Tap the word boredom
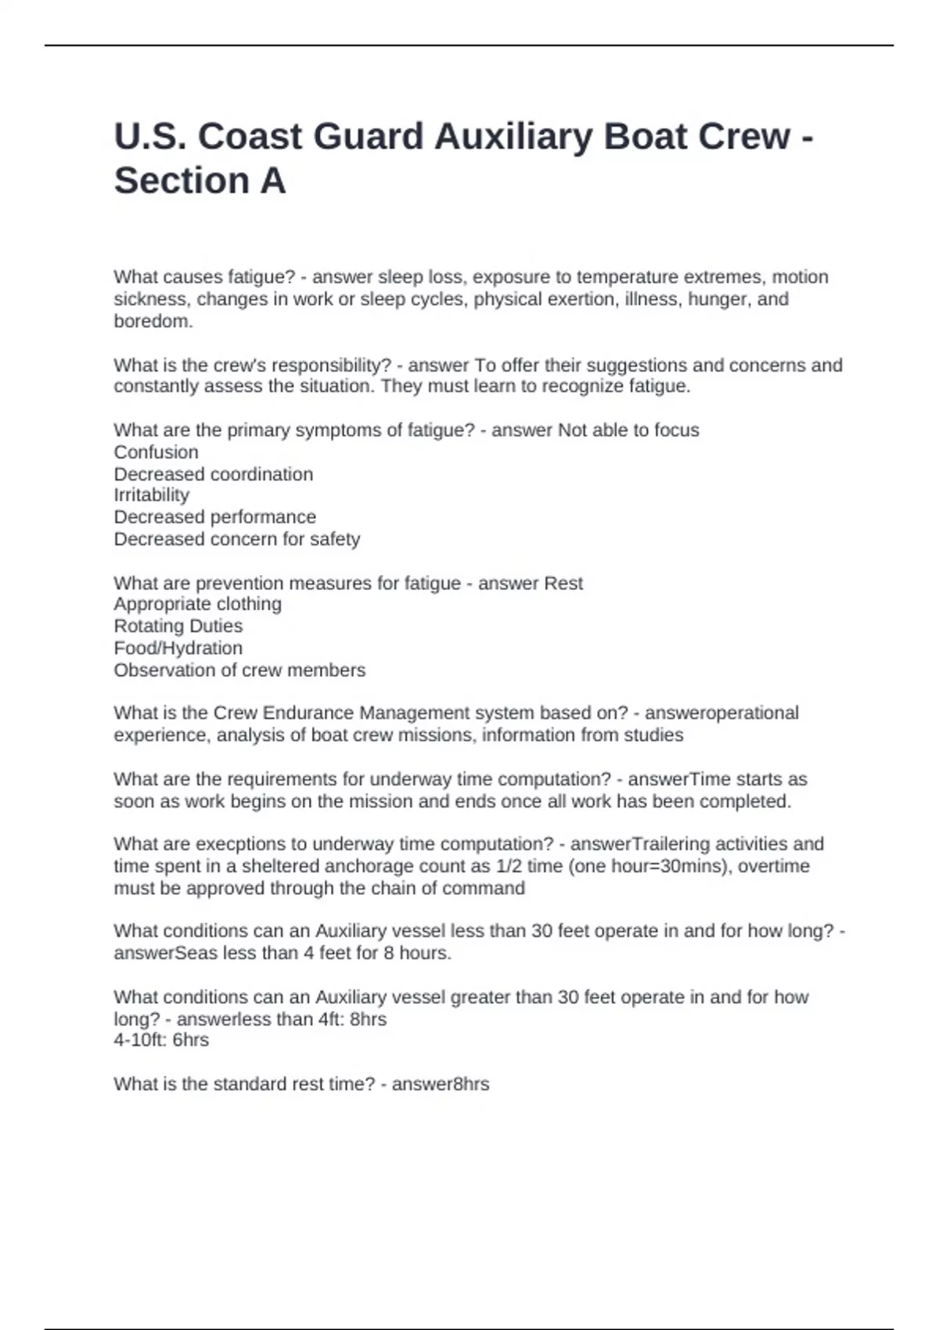click(153, 321)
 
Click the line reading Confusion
click(156, 452)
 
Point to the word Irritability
click(151, 495)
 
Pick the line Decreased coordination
click(213, 474)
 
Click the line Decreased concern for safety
click(236, 539)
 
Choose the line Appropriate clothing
click(197, 604)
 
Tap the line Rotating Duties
click(178, 626)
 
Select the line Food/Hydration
click(178, 648)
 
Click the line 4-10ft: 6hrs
click(161, 1040)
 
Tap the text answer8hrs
click(440, 1084)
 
